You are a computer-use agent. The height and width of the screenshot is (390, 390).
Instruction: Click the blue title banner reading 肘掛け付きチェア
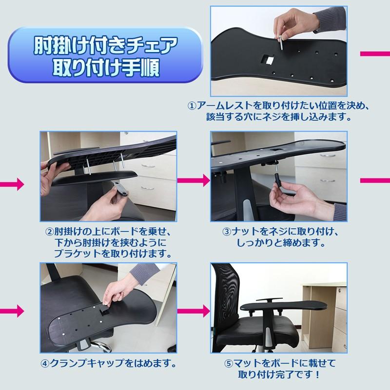click(105, 55)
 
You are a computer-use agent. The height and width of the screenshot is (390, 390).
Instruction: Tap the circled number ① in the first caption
click(192, 106)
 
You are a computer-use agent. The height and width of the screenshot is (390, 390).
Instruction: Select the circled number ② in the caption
click(50, 232)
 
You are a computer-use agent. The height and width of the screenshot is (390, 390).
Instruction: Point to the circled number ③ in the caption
click(227, 232)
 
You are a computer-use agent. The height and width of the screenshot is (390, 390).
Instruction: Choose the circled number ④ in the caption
click(45, 364)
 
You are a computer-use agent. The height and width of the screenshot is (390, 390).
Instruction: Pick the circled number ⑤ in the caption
click(229, 364)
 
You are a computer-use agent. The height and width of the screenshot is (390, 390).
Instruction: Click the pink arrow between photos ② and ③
click(194, 180)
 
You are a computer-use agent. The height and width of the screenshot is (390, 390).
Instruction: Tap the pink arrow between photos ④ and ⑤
click(194, 311)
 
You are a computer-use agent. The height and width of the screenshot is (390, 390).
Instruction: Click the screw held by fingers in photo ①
click(280, 43)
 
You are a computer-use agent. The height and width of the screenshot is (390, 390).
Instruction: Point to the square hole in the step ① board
click(267, 59)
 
